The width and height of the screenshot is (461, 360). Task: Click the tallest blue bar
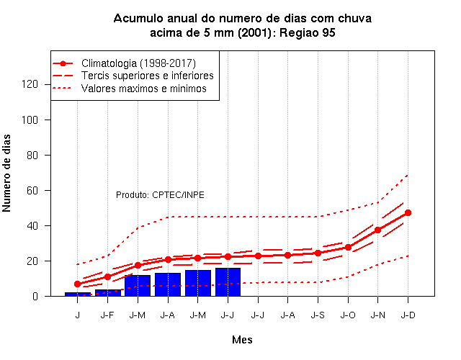click(x=228, y=282)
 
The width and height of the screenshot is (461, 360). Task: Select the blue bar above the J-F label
click(x=108, y=293)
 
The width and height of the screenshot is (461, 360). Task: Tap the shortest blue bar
click(x=78, y=294)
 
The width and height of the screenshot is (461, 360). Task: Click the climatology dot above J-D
click(x=408, y=213)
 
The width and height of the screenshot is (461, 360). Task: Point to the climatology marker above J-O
click(x=348, y=248)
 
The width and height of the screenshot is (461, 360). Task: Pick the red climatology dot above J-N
click(x=377, y=230)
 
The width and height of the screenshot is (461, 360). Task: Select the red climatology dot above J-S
click(x=318, y=253)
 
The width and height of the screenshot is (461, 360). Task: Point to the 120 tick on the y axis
click(x=30, y=84)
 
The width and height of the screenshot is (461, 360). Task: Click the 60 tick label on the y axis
click(x=32, y=190)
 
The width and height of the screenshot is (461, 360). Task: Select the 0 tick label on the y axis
click(x=35, y=296)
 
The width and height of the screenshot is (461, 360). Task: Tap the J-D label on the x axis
click(x=408, y=315)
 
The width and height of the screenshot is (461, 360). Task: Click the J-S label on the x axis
click(x=318, y=315)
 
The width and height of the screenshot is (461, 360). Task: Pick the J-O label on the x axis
click(x=348, y=315)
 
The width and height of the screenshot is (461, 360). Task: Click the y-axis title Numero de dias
click(x=6, y=173)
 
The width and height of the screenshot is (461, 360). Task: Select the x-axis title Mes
click(x=242, y=340)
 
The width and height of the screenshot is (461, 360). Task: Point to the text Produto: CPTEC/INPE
click(x=160, y=195)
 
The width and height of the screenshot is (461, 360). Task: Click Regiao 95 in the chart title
click(x=308, y=32)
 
